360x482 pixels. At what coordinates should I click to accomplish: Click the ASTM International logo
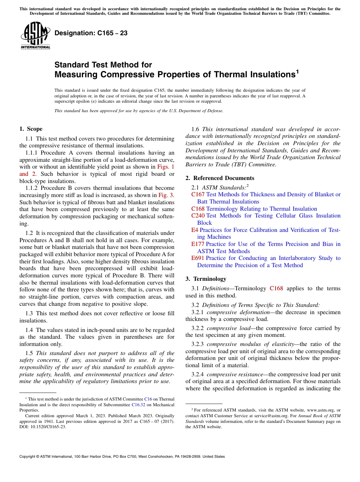35,36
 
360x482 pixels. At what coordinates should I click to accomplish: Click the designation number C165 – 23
91,33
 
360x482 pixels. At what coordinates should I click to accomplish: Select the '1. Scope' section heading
31,129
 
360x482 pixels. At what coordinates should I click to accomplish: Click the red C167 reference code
198,194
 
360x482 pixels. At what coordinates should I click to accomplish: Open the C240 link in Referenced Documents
198,216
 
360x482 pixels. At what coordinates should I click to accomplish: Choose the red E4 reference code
194,230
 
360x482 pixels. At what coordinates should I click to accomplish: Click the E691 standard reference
198,258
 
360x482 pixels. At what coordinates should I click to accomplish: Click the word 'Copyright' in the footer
28,457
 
